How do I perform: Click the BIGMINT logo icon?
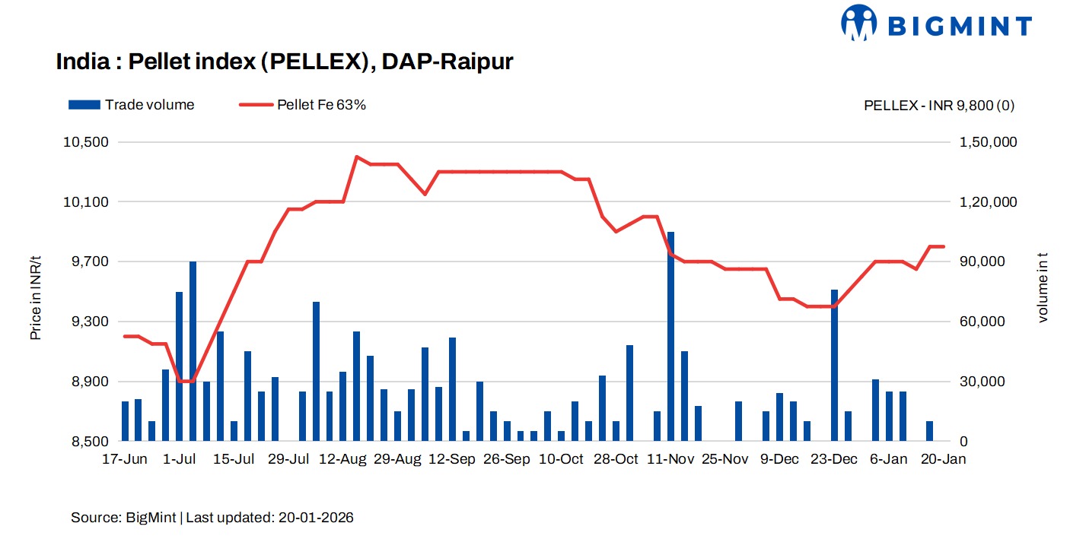click(859, 24)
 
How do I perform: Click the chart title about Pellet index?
click(285, 62)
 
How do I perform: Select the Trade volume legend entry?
click(131, 105)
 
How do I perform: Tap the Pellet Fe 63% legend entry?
click(302, 105)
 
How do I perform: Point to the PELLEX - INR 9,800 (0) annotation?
click(938, 106)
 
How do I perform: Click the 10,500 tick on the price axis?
click(90, 142)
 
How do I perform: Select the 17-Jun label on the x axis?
click(125, 459)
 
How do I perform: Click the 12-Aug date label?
click(342, 459)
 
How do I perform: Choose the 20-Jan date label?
click(944, 459)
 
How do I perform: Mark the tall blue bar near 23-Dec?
click(834, 365)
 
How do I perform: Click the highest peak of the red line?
click(356, 157)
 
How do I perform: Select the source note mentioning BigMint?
click(212, 518)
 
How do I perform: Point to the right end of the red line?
click(944, 246)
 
